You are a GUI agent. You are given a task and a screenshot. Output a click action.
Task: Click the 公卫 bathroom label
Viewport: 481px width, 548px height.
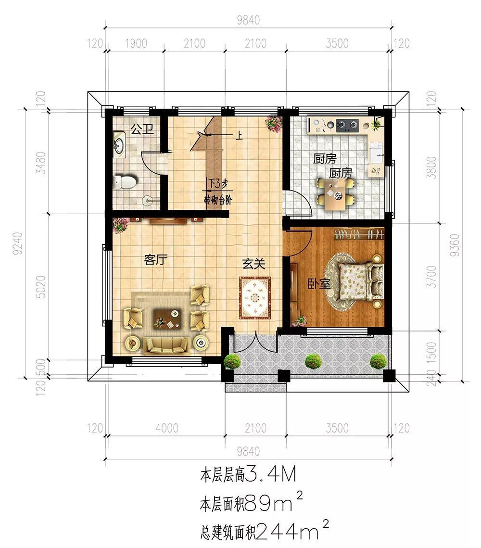click(x=142, y=129)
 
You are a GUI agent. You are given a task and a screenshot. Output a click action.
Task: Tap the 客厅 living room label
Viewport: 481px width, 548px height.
click(x=156, y=260)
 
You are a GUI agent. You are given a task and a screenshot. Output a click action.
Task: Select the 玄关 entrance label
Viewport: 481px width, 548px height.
click(x=254, y=264)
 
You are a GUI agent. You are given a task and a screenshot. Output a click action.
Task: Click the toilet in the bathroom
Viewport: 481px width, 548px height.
click(x=125, y=182)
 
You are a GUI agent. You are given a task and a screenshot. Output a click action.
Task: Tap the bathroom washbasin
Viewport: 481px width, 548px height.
click(x=119, y=144)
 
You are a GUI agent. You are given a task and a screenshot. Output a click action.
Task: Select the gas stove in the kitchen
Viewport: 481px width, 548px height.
click(x=347, y=125)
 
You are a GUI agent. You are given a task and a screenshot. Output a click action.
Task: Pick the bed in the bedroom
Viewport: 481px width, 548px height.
click(x=360, y=281)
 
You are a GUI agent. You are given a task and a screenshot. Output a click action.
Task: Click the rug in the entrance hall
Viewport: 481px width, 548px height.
click(x=254, y=298)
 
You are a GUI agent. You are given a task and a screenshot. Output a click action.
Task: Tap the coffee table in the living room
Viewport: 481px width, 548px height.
click(x=168, y=319)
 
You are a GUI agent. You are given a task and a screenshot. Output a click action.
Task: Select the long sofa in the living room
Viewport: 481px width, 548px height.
click(x=166, y=345)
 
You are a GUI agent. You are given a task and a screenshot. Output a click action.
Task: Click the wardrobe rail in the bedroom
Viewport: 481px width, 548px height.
click(x=359, y=233)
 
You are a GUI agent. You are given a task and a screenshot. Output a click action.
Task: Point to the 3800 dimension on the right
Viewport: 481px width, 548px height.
click(x=432, y=168)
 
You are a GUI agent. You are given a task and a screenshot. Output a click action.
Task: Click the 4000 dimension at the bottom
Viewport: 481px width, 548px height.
click(x=166, y=428)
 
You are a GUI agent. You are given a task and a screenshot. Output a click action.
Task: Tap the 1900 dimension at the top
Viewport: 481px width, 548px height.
click(x=136, y=43)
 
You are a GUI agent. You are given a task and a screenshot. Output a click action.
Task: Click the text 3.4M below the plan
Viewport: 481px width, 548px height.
click(x=271, y=474)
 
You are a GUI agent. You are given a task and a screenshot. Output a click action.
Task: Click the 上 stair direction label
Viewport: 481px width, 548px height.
click(x=239, y=135)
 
